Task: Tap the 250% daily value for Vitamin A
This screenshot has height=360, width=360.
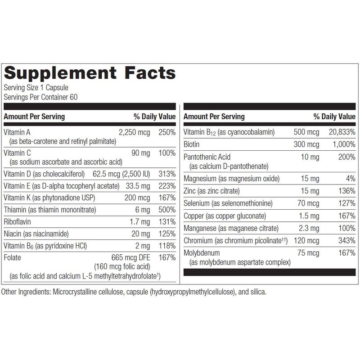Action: coord(167,132)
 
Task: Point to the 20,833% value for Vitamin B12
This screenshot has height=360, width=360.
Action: coord(340,132)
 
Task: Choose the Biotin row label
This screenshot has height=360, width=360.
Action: coord(193,144)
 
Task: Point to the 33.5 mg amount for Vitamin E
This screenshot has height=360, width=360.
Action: coord(138,186)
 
